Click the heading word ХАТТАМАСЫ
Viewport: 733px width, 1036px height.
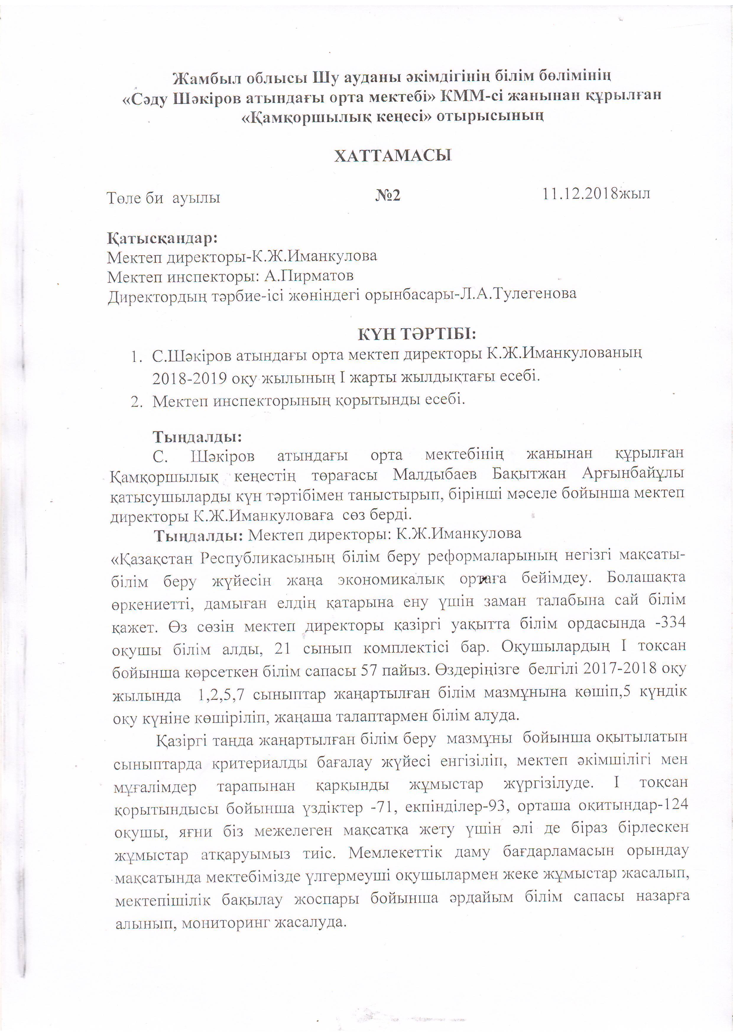tap(393, 156)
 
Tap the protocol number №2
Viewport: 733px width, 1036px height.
tap(387, 196)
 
